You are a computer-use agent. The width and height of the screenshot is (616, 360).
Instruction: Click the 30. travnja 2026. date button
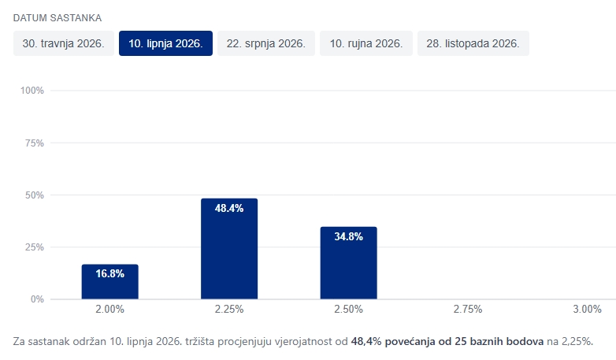coord(63,44)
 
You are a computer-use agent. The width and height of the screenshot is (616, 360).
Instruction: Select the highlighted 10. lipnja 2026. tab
coord(165,44)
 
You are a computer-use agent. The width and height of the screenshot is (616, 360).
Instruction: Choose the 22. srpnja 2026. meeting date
coord(266,44)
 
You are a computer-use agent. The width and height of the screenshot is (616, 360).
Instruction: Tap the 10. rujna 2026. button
coord(366,44)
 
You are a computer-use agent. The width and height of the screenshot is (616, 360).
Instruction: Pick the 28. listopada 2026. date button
coord(473,44)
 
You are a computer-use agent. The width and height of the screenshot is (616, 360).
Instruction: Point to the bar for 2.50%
coord(348,263)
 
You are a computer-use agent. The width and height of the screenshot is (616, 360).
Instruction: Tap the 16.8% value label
coord(109,274)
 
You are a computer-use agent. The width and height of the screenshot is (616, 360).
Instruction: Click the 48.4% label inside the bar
coord(229,209)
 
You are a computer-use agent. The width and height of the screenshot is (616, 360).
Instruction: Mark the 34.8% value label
coord(348,236)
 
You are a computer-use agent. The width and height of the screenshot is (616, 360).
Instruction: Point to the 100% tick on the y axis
coord(32,91)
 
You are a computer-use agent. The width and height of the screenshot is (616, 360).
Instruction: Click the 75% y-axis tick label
coord(34,143)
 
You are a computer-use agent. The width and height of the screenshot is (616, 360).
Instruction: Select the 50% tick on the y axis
coord(34,195)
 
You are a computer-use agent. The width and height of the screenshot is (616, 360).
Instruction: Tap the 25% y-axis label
coord(34,247)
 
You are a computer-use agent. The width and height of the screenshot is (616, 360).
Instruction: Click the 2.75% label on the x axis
coord(468,310)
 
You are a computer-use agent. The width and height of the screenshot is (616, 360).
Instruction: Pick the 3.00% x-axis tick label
coord(587,310)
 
